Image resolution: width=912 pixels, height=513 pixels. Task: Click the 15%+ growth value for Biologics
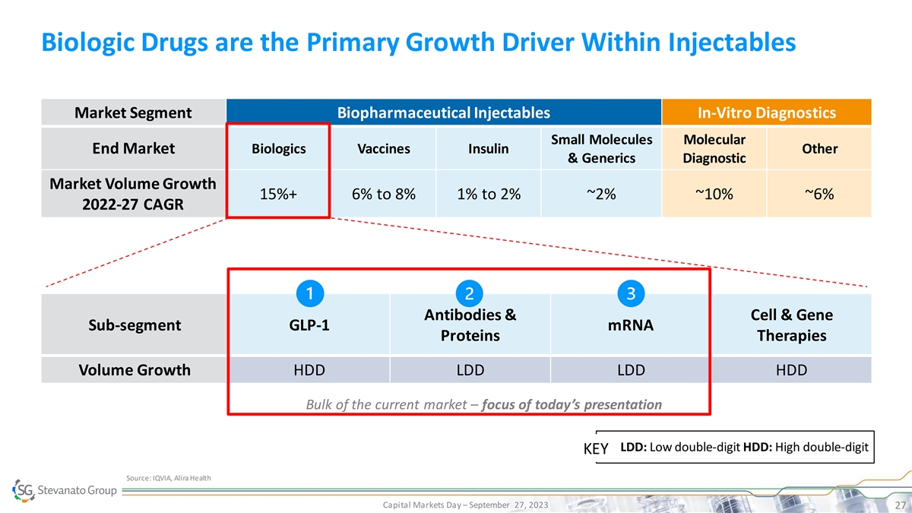tap(278, 194)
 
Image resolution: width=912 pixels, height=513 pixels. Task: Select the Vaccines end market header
tap(383, 149)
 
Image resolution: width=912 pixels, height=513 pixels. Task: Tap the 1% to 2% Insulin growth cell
tap(489, 194)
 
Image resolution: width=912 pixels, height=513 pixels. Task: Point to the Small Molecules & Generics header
tap(601, 149)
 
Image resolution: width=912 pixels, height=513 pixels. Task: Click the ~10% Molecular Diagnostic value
tap(714, 194)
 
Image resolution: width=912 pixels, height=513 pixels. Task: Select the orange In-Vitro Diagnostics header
tap(766, 113)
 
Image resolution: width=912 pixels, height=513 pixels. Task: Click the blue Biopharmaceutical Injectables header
tap(443, 113)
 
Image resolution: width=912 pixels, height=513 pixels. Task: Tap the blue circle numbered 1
tap(309, 293)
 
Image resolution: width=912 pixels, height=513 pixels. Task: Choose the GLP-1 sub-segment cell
tap(309, 326)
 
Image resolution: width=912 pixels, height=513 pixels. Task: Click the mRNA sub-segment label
tap(631, 326)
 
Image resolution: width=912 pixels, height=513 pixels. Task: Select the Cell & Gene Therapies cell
tap(791, 325)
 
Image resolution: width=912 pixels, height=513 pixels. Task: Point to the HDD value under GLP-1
tap(309, 371)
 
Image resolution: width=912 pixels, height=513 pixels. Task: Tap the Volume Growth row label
tap(134, 371)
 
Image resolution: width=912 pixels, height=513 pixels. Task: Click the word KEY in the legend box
tap(595, 448)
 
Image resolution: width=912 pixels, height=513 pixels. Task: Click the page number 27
tap(898, 505)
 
